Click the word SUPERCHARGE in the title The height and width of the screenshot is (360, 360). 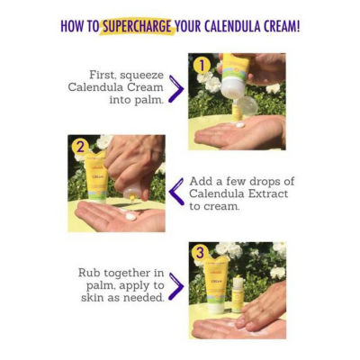[x=138, y=26]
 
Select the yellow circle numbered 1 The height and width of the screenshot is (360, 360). [x=202, y=65]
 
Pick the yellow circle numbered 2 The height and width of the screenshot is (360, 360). [x=80, y=147]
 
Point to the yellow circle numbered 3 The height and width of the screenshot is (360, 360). [x=200, y=253]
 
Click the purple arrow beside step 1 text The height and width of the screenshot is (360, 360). [x=175, y=89]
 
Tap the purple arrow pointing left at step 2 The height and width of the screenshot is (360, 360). [x=176, y=192]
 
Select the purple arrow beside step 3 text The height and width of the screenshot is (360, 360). [x=175, y=286]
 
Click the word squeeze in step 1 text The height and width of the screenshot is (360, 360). [x=142, y=76]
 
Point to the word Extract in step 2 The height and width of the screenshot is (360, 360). [x=268, y=193]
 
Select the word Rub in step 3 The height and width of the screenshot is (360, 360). [x=87, y=273]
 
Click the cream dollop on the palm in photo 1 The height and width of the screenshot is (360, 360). [x=240, y=124]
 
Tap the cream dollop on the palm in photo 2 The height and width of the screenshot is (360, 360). [x=130, y=216]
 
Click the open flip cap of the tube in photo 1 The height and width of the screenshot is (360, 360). [x=247, y=105]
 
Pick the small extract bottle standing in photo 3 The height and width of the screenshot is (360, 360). [x=238, y=294]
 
